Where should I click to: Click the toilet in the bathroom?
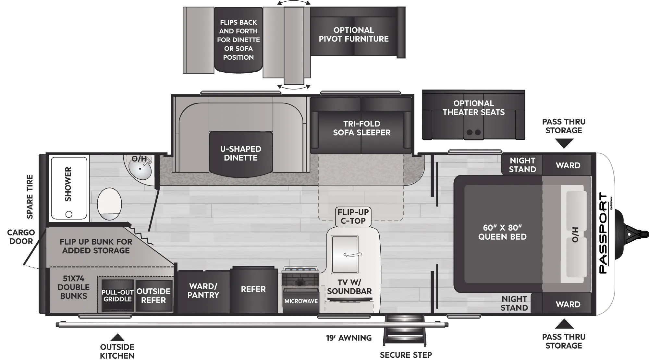[x=109, y=204]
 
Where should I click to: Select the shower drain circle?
[x=69, y=214]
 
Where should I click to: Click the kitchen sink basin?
[x=345, y=255]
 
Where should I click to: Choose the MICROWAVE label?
[x=301, y=301]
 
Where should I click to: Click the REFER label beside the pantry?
[x=253, y=289]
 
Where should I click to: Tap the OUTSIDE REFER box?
[x=153, y=296]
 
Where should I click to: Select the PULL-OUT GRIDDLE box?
[x=117, y=296]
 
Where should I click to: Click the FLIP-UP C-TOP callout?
[x=353, y=216]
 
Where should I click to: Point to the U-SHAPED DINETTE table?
[x=241, y=153]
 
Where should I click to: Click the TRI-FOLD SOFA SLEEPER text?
[x=362, y=128]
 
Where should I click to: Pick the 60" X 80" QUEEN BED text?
[x=502, y=232]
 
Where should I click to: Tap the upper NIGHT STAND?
[x=522, y=165]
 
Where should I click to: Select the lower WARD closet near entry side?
[x=568, y=304]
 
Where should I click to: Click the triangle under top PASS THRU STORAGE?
[x=564, y=143]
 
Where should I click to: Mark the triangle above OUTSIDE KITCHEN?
[x=117, y=337]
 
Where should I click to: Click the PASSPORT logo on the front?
[x=603, y=233]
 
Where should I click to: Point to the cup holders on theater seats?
[x=473, y=132]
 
